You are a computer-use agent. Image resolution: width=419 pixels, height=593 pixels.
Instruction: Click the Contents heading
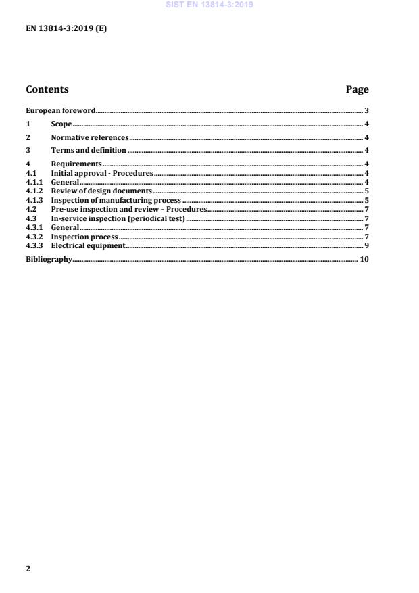tap(47, 89)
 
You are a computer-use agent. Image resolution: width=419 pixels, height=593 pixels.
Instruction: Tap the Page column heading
tap(357, 89)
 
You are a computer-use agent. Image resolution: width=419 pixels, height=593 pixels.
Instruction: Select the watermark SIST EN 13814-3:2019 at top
tap(209, 5)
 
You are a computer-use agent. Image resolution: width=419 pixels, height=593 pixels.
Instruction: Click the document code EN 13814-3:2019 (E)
tap(66, 29)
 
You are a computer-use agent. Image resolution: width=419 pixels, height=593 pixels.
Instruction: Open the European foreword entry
tap(60, 110)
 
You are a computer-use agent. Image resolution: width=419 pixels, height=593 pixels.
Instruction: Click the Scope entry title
tap(61, 124)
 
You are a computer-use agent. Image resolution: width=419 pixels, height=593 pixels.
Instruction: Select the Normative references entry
tap(89, 137)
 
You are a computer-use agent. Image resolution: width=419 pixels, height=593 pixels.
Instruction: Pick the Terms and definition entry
tap(89, 150)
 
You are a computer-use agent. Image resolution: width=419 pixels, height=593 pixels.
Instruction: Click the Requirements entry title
tap(76, 164)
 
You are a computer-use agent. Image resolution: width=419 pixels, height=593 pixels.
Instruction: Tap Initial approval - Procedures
tap(102, 173)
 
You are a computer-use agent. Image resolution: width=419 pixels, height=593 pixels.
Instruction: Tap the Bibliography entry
tap(49, 259)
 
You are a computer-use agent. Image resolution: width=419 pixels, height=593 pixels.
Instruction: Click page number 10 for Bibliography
tap(364, 259)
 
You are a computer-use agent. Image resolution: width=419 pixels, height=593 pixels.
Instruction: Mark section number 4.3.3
tap(34, 245)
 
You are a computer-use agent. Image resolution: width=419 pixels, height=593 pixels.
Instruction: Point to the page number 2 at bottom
tap(28, 569)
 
